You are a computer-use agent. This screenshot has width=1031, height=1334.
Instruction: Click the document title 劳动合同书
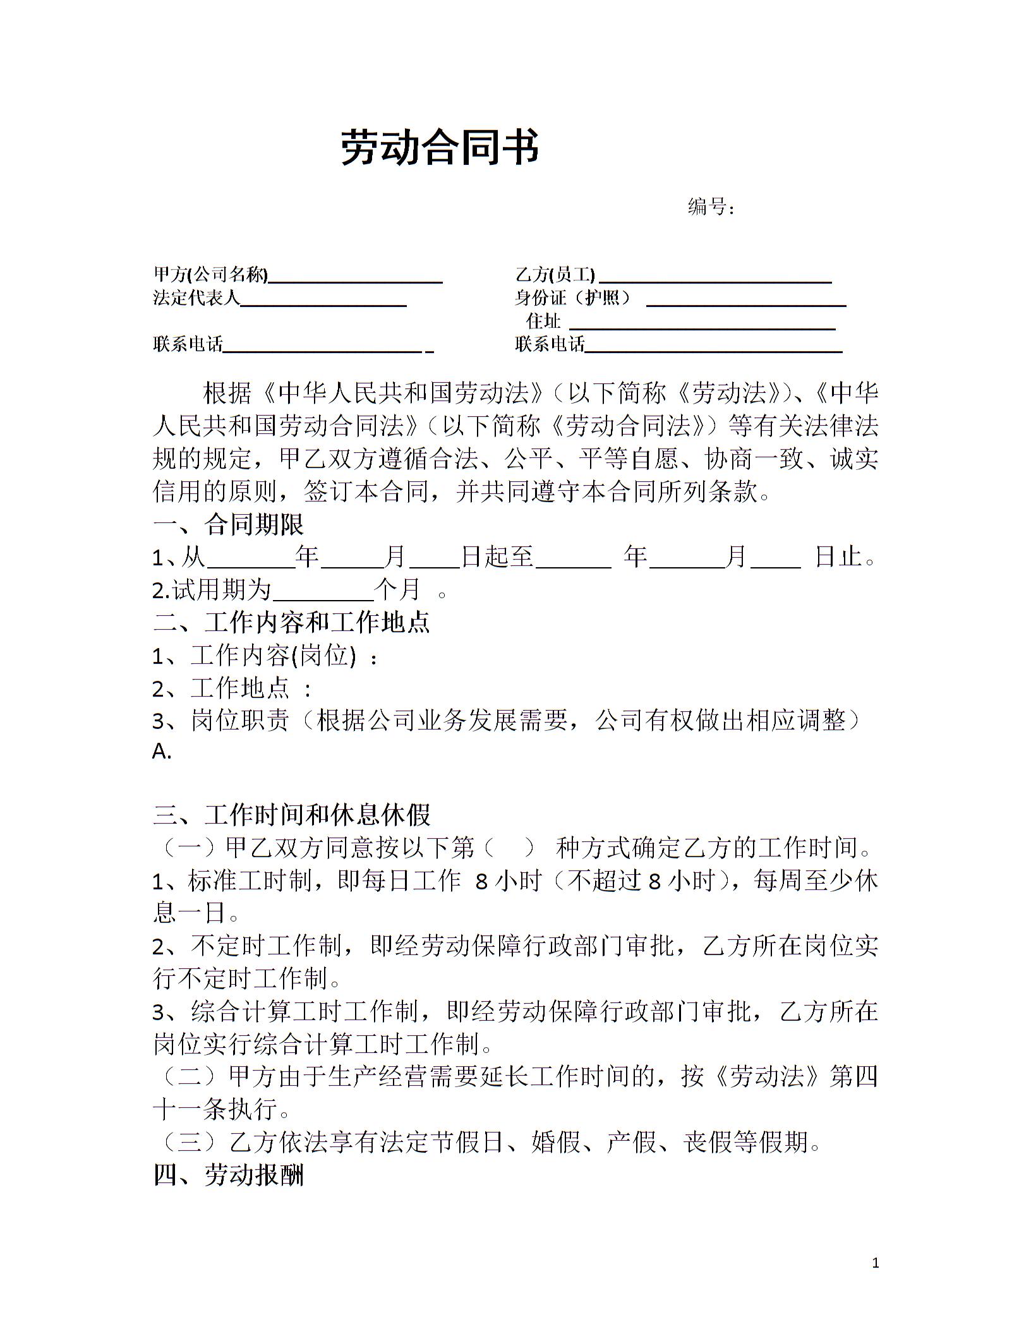[x=440, y=148]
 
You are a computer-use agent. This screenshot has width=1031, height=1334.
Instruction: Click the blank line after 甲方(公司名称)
[x=355, y=278]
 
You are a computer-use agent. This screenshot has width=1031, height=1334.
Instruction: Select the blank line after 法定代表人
[x=323, y=301]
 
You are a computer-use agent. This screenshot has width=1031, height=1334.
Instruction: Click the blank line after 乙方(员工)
[x=715, y=278]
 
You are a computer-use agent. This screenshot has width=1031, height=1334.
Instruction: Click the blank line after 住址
[x=702, y=324]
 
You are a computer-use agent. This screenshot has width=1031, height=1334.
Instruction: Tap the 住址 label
[x=543, y=321]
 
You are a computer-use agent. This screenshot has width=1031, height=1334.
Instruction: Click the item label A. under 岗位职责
[x=162, y=752]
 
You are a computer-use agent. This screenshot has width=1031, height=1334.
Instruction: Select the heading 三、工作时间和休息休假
[x=292, y=815]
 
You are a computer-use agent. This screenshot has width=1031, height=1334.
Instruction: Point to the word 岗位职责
[x=240, y=720]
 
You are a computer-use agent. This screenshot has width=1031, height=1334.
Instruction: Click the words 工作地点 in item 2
[x=240, y=688]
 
